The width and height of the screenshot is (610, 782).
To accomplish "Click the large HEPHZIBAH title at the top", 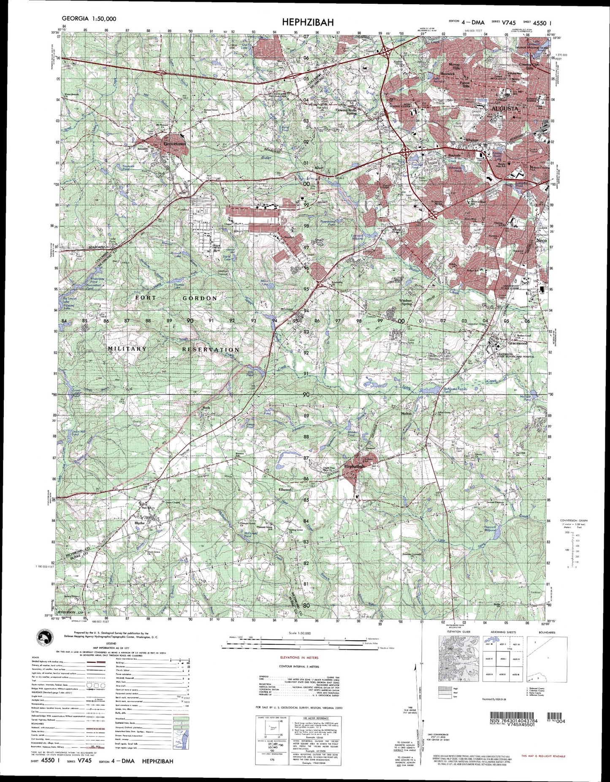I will click(x=305, y=22).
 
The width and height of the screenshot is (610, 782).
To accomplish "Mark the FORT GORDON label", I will click(x=176, y=298).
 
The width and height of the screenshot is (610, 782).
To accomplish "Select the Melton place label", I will click(x=406, y=414).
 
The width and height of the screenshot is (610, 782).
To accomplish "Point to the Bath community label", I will click(x=206, y=408).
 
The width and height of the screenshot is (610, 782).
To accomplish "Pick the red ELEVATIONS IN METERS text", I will click(x=299, y=657).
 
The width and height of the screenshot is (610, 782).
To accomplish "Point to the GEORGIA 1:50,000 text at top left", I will click(x=89, y=19).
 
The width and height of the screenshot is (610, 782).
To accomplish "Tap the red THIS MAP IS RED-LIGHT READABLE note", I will click(x=542, y=755).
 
